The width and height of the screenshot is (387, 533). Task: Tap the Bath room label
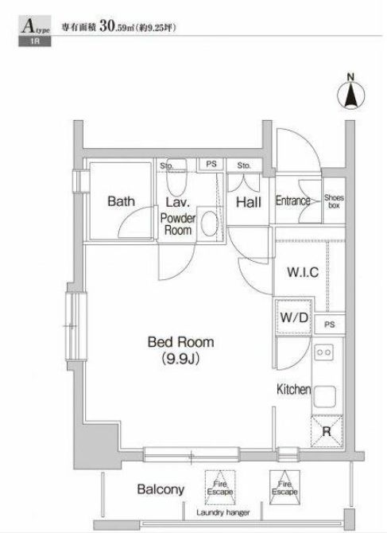[122, 201]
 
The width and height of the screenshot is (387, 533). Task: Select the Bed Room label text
[180, 342]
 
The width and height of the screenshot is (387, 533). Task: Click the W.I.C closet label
[303, 272]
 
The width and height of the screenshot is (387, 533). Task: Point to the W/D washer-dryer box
[294, 317]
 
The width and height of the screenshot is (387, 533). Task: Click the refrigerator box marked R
[327, 431]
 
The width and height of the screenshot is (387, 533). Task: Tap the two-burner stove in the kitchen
[323, 352]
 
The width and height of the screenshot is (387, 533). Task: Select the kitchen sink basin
[324, 396]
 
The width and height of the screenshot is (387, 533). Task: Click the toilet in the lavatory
[176, 177]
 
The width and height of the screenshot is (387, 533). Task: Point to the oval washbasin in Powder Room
[209, 224]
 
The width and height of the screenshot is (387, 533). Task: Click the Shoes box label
[334, 201]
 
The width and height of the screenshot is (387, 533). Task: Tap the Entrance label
[293, 200]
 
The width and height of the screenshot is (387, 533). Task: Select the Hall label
[249, 202]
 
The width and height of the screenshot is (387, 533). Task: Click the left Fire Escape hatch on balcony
[220, 488]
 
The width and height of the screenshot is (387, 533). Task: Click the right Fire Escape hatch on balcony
[284, 488]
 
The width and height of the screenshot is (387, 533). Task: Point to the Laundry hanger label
[223, 512]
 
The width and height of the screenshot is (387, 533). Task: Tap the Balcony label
[161, 489]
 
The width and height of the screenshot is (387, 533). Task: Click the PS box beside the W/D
[330, 325]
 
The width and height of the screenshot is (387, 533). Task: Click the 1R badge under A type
[35, 41]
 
